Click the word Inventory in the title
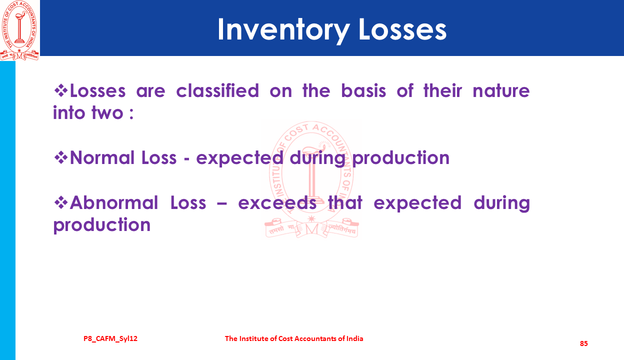(x=283, y=30)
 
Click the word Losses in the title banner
(x=402, y=30)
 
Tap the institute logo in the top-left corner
(x=19, y=30)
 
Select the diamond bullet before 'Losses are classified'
(x=60, y=90)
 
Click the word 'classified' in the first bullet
(x=217, y=90)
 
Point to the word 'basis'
(x=363, y=90)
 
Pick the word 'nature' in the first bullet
(x=501, y=91)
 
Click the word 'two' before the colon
(x=107, y=113)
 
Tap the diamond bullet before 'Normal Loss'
(x=60, y=157)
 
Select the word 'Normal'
(x=102, y=157)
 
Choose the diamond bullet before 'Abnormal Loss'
(x=60, y=202)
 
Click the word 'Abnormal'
(x=114, y=202)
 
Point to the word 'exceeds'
(x=277, y=203)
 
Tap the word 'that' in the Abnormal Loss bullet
(x=345, y=202)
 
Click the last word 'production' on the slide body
(x=102, y=225)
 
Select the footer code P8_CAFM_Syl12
(x=110, y=339)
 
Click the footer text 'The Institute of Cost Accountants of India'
(x=294, y=338)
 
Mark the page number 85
(x=584, y=343)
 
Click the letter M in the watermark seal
(x=311, y=229)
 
